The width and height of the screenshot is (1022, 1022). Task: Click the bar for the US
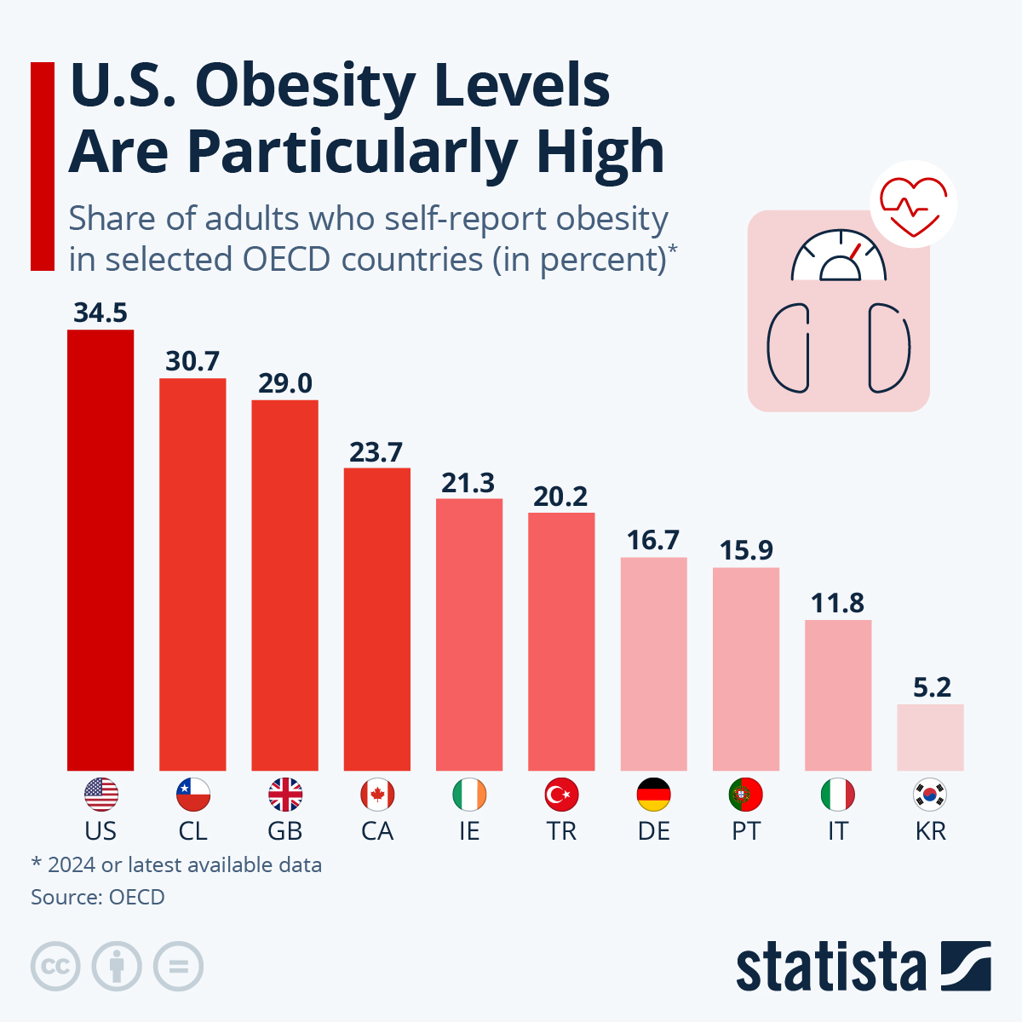100,550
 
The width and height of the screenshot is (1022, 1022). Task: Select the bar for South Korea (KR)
930,738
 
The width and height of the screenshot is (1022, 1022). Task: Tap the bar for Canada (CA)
376,619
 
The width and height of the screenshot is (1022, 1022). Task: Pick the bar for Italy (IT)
838,695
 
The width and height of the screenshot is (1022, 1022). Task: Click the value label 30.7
192,361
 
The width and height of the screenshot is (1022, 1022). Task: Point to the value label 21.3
468,483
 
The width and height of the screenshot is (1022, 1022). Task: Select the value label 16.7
653,540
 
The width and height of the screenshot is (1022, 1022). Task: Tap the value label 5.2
931,687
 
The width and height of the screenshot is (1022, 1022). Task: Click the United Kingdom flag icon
285,795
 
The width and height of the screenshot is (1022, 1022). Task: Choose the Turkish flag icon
561,795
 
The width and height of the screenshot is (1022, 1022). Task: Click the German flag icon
653,795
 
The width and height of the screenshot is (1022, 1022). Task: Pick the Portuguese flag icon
746,795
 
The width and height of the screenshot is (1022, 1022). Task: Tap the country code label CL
192,831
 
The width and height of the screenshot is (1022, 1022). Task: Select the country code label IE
469,831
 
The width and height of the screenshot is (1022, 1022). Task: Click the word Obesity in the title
307,85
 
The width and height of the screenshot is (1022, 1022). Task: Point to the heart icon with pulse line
913,204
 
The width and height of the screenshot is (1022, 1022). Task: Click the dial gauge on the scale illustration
839,257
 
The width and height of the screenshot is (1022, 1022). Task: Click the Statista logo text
830,967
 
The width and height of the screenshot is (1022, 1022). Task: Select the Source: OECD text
98,897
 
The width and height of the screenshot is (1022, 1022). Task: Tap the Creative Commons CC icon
55,967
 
